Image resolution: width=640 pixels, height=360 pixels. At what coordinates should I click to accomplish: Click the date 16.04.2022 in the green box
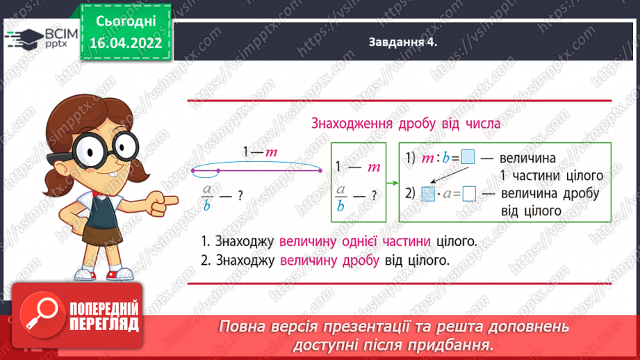click(x=126, y=43)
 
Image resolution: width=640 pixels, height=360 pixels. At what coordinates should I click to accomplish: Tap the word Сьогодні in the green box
click(x=126, y=22)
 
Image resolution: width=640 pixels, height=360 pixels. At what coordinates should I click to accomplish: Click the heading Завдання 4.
click(x=402, y=42)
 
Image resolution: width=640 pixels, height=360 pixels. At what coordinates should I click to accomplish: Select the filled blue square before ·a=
click(x=428, y=194)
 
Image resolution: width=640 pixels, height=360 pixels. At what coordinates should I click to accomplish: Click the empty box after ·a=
click(x=469, y=194)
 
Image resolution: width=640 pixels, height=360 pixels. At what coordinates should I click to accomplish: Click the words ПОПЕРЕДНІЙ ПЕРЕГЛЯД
click(x=104, y=316)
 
